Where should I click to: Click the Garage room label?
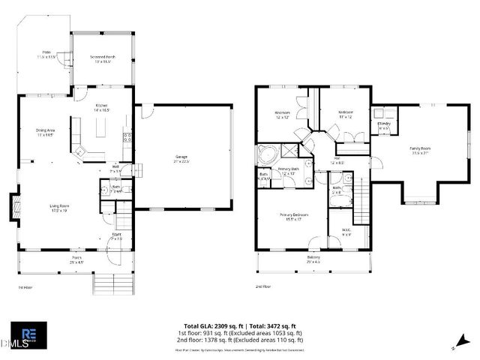click(181, 159)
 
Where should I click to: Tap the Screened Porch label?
click(102, 59)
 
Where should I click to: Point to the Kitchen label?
click(102, 108)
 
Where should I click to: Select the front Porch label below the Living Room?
click(75, 261)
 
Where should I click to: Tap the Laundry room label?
click(384, 126)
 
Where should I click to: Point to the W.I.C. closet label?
click(346, 232)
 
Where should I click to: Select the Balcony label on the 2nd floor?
click(313, 259)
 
